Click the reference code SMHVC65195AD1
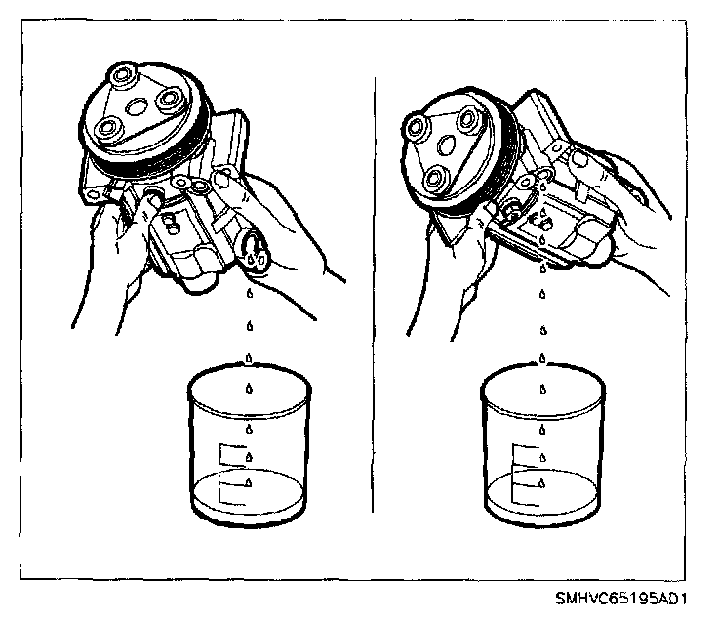point(621,599)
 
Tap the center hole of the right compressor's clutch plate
point(447,145)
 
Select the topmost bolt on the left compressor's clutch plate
point(121,74)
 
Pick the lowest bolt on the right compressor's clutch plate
point(434,179)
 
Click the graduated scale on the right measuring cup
point(525,475)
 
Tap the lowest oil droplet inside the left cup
point(249,481)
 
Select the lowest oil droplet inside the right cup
point(542,482)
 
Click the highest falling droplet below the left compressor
point(250,293)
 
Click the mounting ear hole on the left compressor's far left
point(94,195)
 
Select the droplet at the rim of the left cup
point(249,358)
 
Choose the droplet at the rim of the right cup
point(542,358)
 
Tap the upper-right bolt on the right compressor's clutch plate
point(467,118)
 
